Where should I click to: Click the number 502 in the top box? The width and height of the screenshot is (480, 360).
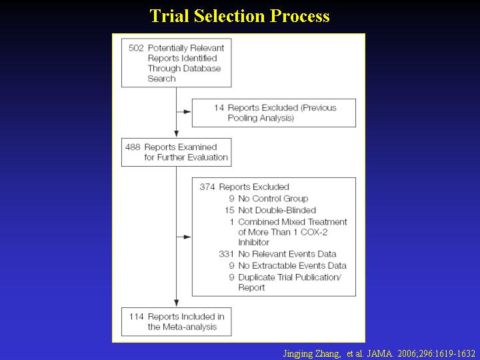[x=136, y=48]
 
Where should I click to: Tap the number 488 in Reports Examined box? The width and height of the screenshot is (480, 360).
[x=133, y=147]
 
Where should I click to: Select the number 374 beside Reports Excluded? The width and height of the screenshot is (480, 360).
[x=207, y=187]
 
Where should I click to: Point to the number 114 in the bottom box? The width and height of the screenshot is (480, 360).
[x=136, y=317]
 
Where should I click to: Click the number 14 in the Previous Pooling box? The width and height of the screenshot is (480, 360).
[x=219, y=108]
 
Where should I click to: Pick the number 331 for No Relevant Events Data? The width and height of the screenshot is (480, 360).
[x=226, y=254]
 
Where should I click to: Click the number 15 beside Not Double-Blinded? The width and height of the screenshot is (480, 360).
[x=229, y=210]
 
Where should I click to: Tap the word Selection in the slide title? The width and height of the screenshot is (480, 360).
[x=229, y=15]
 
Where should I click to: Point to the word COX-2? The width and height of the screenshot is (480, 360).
[x=314, y=232]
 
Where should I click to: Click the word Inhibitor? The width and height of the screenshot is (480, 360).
[x=254, y=242]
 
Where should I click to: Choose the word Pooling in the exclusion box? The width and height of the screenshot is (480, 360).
[x=244, y=118]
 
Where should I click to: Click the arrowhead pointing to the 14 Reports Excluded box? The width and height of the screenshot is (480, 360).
[x=187, y=112]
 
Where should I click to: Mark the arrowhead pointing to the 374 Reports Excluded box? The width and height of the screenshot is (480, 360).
[x=187, y=237]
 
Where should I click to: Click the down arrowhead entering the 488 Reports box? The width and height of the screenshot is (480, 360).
[x=176, y=133]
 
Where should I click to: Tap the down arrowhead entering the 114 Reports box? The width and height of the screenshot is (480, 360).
[x=176, y=303]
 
